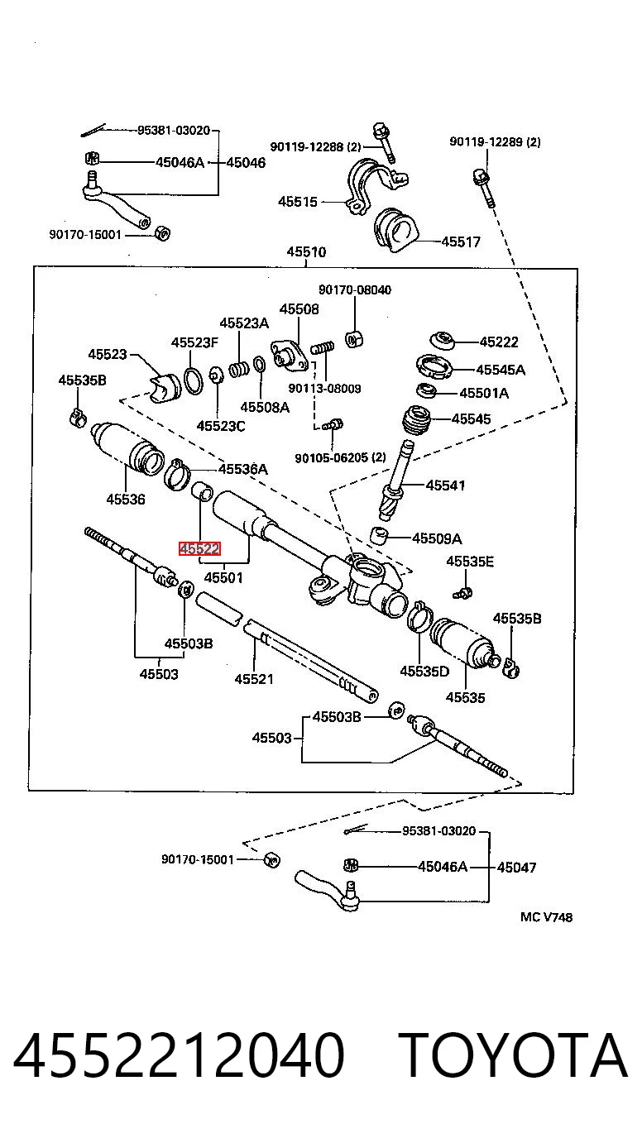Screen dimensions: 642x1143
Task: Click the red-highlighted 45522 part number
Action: click(199, 549)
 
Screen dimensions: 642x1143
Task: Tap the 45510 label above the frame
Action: click(306, 251)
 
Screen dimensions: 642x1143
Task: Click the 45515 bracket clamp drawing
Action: click(376, 186)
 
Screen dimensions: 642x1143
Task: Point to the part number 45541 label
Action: click(446, 485)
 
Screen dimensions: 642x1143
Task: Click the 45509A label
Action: click(437, 538)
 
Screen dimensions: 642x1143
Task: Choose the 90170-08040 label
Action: click(355, 289)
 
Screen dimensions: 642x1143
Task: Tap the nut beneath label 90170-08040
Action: click(354, 339)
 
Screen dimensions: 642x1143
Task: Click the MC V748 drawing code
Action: click(547, 917)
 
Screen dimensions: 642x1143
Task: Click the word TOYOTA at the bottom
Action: click(512, 1055)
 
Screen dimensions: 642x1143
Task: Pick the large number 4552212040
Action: click(179, 1055)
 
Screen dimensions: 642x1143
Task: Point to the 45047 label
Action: click(516, 867)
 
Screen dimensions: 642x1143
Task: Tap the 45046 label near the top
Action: click(246, 162)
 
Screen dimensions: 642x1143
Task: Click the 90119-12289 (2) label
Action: click(495, 141)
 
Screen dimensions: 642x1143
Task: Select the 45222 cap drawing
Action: click(442, 341)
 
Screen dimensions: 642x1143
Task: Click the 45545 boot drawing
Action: click(417, 420)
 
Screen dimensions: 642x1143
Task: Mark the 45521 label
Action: click(254, 679)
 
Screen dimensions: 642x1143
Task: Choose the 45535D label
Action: click(424, 671)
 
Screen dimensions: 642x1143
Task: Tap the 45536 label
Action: click(126, 499)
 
